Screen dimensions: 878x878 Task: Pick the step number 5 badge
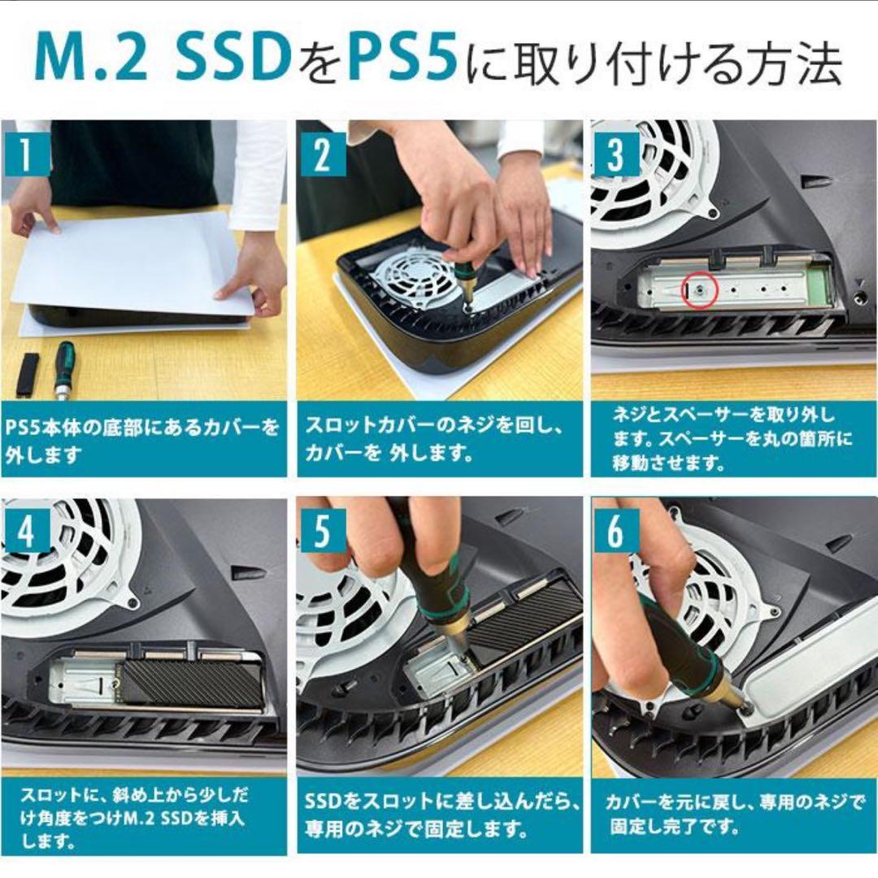click(x=323, y=532)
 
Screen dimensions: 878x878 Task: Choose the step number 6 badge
click(x=616, y=532)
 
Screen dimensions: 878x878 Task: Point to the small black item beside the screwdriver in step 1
click(x=28, y=373)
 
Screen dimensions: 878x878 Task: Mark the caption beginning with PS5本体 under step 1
click(x=143, y=440)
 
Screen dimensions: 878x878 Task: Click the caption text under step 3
click(x=732, y=440)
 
